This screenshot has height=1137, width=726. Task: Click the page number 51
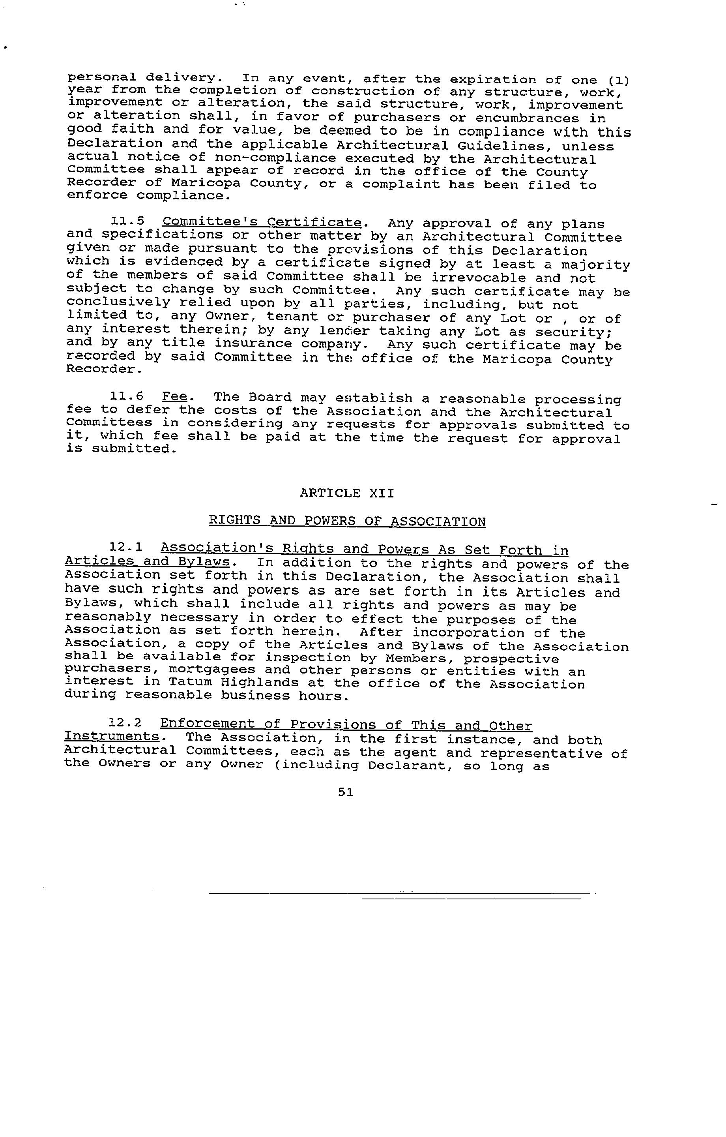[346, 792]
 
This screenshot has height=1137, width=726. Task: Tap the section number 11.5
[127, 221]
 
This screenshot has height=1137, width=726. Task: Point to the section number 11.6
[127, 397]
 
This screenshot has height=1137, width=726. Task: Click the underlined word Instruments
[111, 737]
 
